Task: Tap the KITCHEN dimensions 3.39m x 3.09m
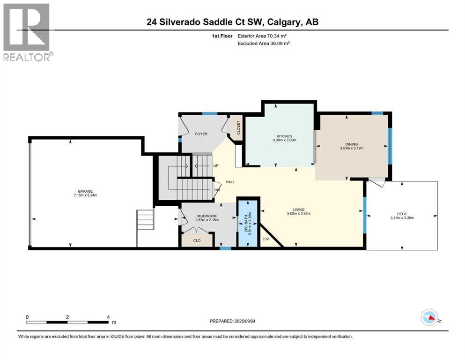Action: (x=284, y=140)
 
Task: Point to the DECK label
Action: (x=401, y=214)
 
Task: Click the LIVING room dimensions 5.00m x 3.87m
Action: (x=298, y=214)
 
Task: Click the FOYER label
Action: (x=201, y=134)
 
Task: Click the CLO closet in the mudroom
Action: (x=196, y=240)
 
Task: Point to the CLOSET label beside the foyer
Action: (x=238, y=128)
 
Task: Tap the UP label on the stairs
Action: (x=216, y=166)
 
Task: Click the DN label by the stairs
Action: (x=217, y=190)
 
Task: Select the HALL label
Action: (x=230, y=182)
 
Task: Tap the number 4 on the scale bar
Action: (x=108, y=317)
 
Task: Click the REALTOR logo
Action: (x=27, y=32)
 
